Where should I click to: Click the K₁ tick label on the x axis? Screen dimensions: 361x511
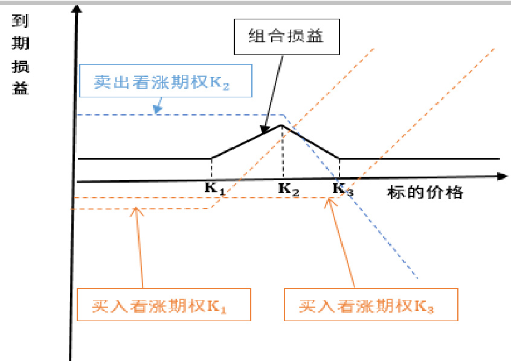tap(214, 189)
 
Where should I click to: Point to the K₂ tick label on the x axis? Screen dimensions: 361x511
tap(288, 189)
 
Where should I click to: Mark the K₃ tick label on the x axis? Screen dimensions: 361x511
tap(342, 189)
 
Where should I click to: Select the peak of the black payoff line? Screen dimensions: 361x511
tap(281, 125)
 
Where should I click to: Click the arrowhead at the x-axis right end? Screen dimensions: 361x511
tap(502, 177)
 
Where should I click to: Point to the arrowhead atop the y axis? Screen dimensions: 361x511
tap(76, 10)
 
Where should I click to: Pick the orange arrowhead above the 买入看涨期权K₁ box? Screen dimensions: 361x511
tap(137, 210)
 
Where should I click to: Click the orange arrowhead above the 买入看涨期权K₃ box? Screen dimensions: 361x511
tap(329, 203)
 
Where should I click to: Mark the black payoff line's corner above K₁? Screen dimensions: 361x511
tap(211, 158)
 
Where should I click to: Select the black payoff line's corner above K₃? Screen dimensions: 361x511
tap(339, 158)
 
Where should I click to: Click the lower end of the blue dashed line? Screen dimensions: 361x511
tap(418, 279)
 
